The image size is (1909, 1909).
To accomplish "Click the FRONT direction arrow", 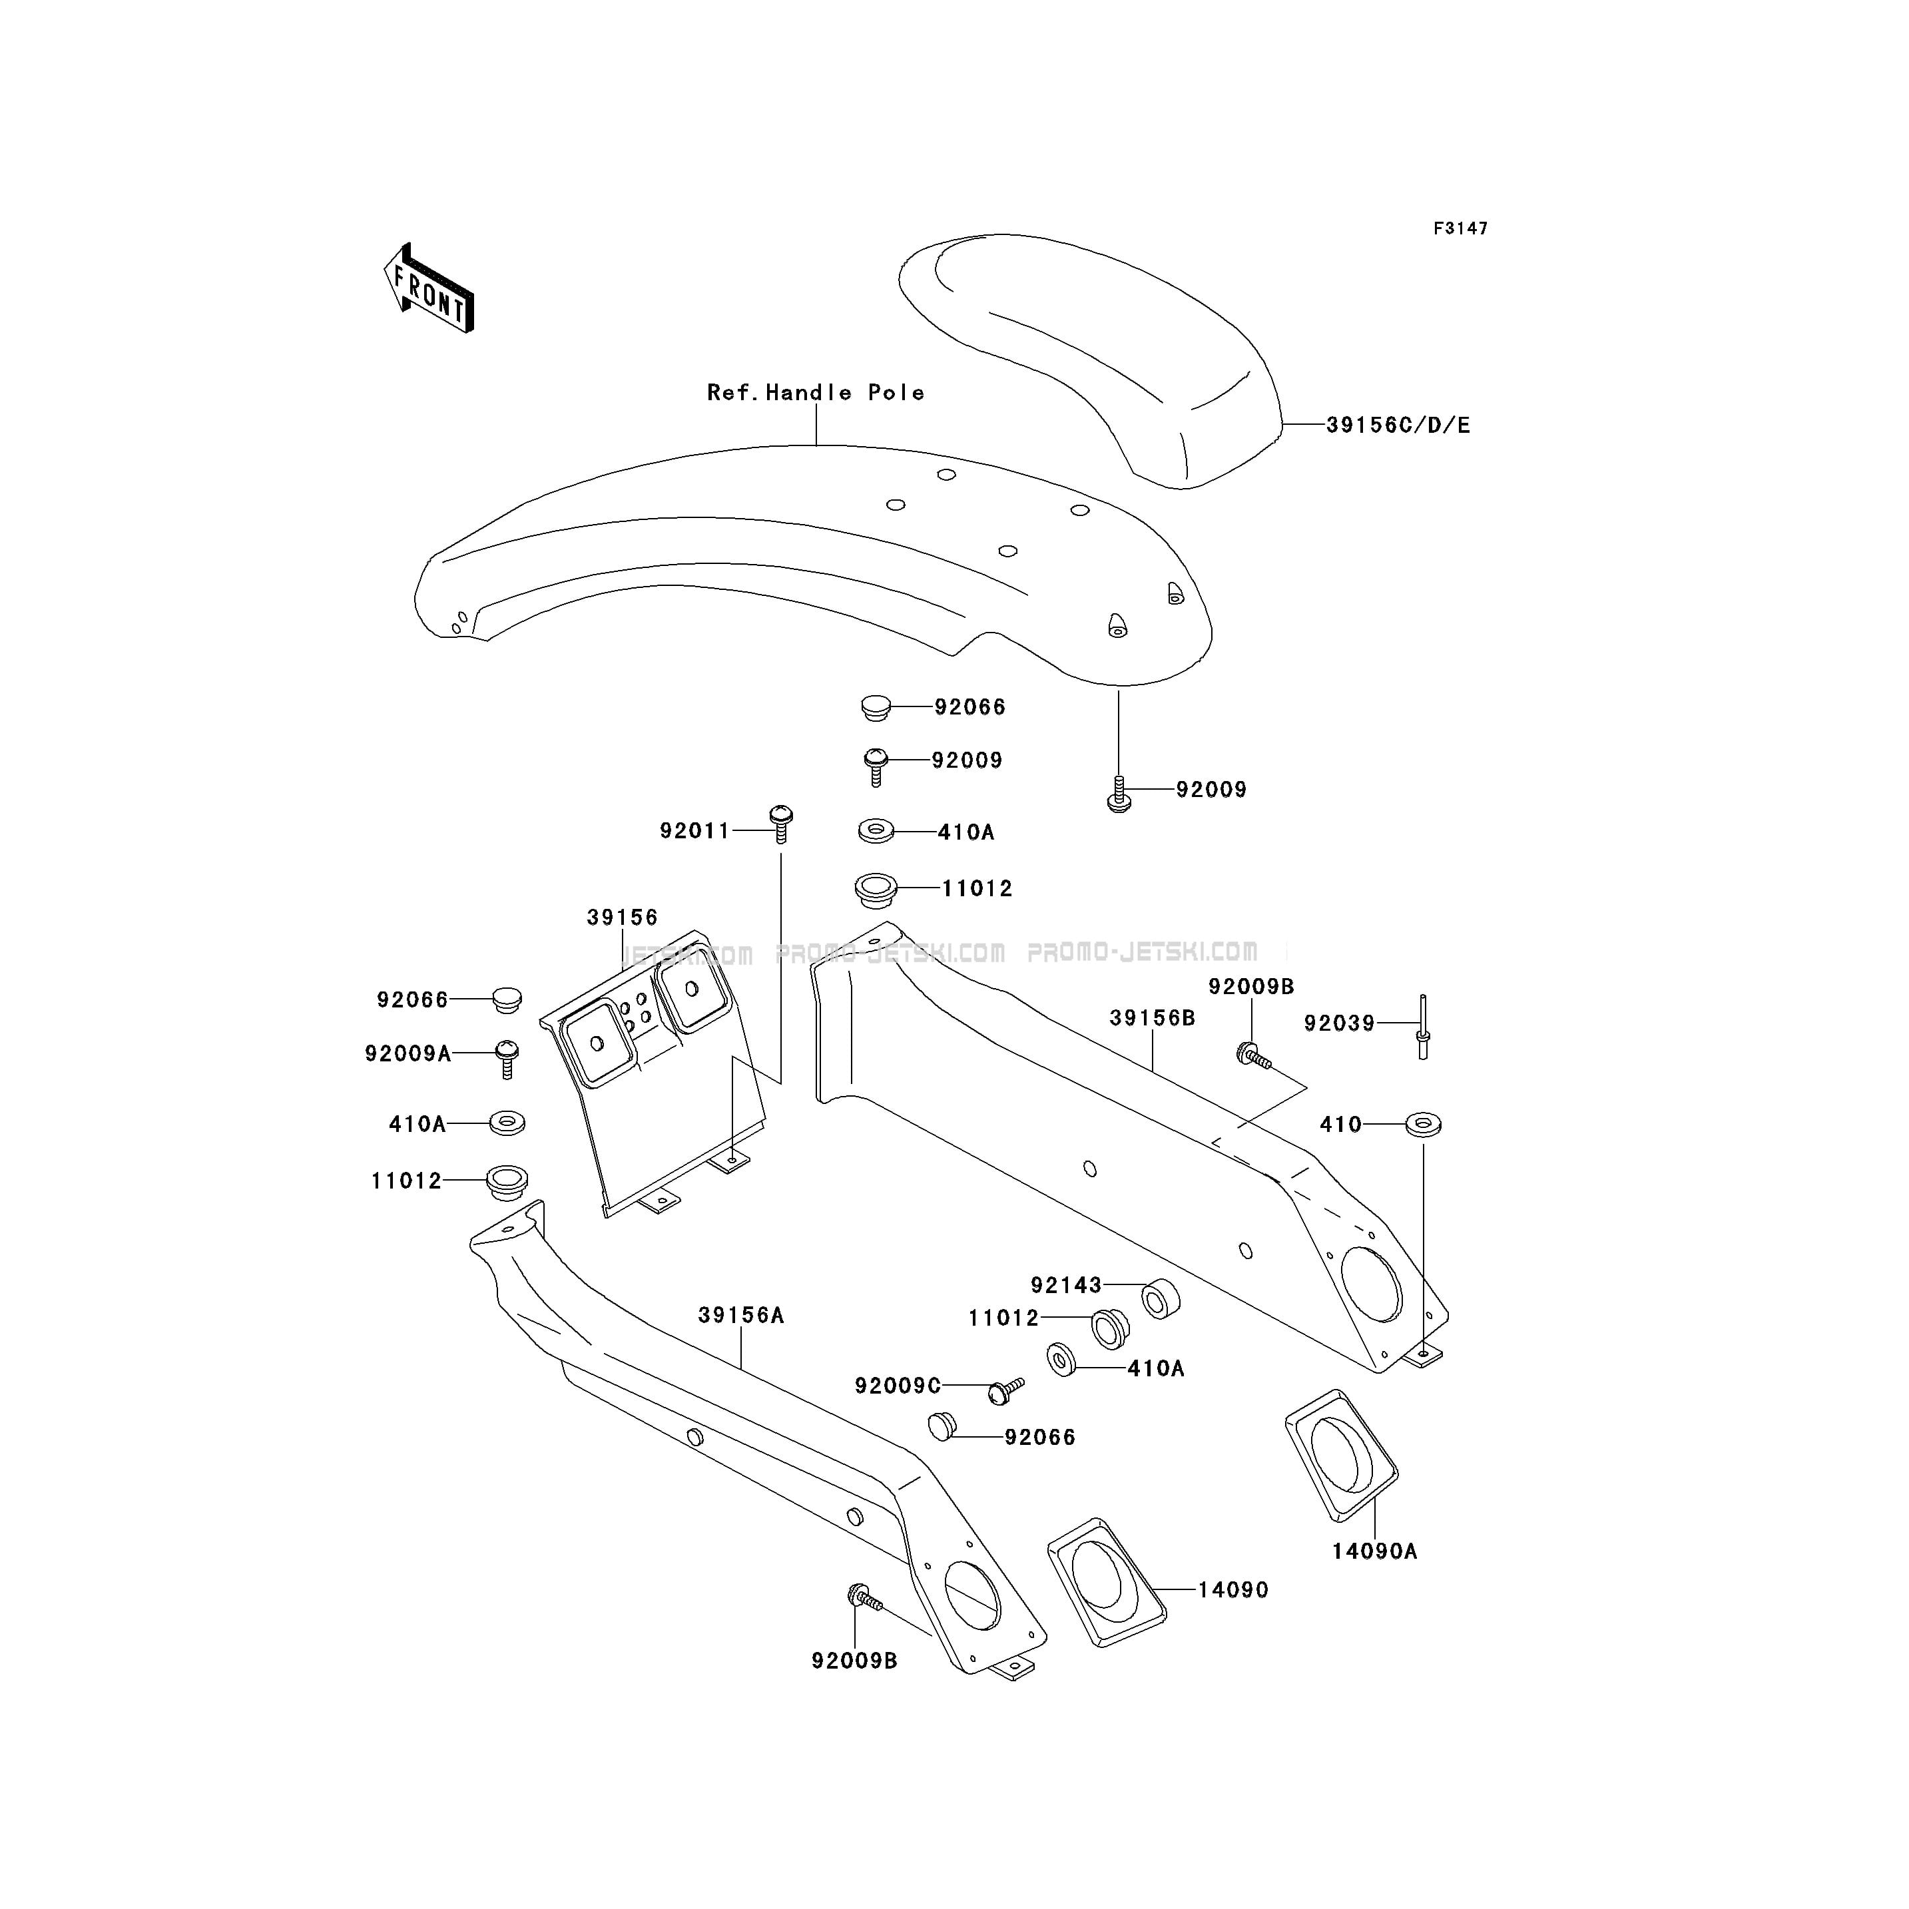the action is tap(429, 288).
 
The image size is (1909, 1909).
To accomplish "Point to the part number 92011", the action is tap(694, 831).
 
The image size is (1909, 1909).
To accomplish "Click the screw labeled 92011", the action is tap(780, 823).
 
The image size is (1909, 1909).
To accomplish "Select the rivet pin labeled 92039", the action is tap(1423, 1027).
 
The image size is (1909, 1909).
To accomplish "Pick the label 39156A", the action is tap(741, 1315).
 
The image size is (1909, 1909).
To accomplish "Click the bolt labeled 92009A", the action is tap(507, 1058).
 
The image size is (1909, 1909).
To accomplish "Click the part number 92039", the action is tap(1340, 1023).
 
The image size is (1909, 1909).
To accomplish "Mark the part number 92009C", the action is tap(898, 1386).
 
